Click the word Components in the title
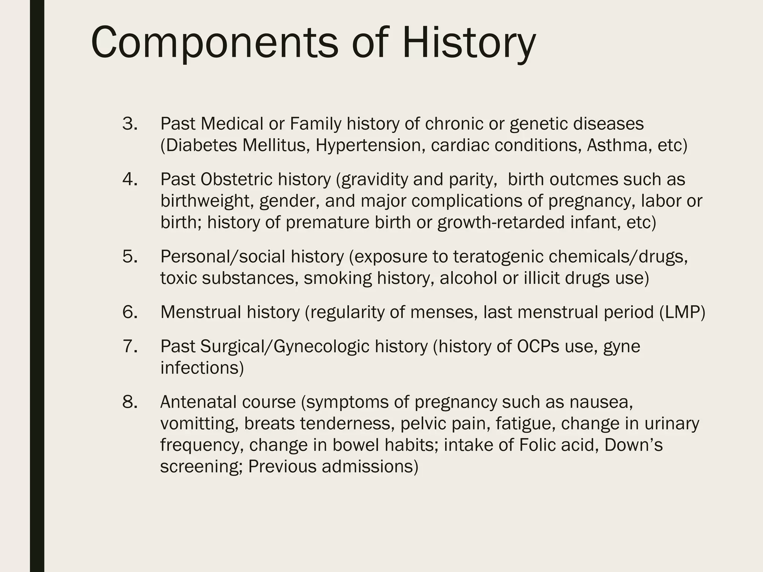[214, 43]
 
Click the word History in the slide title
[469, 43]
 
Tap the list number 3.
[130, 124]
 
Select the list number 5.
[130, 257]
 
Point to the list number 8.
[130, 402]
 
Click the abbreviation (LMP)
[682, 312]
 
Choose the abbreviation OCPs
[538, 346]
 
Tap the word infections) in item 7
[202, 368]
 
